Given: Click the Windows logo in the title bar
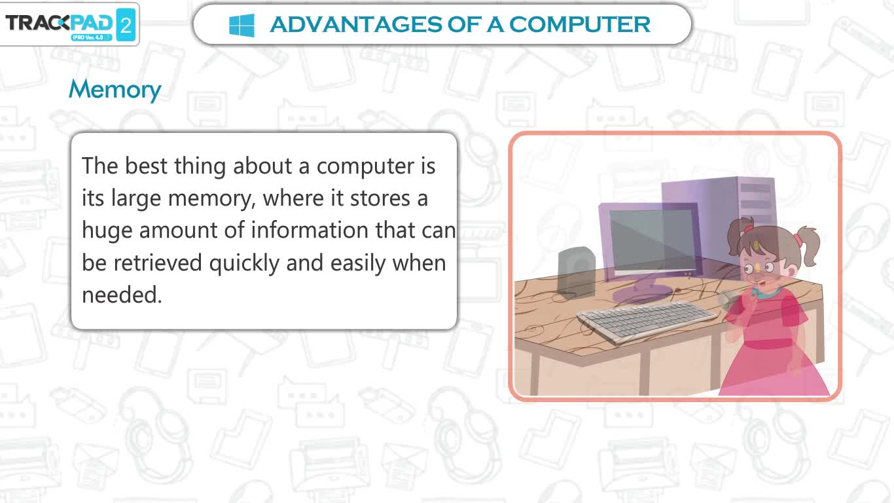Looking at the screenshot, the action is point(241,25).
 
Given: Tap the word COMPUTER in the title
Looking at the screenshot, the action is point(579,24).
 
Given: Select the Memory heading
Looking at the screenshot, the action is point(115,89).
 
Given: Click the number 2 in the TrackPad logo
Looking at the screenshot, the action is point(126,26).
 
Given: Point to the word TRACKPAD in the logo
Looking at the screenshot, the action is point(59,23).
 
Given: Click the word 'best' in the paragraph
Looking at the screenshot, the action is point(146,166).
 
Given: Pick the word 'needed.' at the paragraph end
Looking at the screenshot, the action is point(122,295).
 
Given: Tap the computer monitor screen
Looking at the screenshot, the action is point(654,240).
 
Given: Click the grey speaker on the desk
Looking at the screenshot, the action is point(577,272).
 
